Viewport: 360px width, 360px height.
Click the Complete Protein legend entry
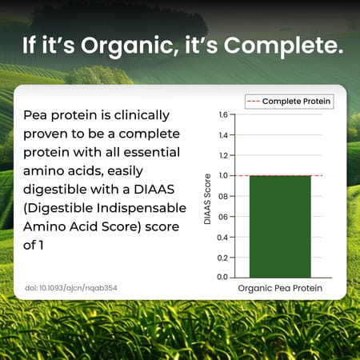tap(295, 102)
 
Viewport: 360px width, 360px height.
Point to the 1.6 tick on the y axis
tap(222, 114)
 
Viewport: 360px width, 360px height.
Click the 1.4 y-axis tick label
tap(222, 135)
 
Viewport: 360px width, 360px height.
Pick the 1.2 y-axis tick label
tap(222, 155)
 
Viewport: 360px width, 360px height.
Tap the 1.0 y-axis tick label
tap(222, 176)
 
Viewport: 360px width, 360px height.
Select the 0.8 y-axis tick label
tap(222, 196)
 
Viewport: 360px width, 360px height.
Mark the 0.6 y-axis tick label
tap(222, 217)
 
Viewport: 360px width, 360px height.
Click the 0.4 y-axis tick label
tap(222, 237)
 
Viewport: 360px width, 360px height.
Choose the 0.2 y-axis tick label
tap(222, 258)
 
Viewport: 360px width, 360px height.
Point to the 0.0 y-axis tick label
tap(222, 278)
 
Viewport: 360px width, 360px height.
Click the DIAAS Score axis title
tap(207, 196)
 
